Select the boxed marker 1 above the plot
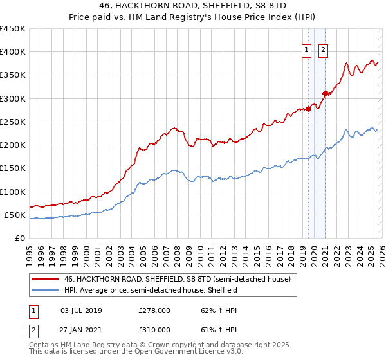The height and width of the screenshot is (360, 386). click(306, 51)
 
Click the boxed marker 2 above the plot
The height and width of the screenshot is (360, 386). click(323, 51)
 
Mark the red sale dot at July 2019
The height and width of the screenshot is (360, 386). click(309, 109)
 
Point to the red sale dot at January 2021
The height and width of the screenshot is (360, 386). click(325, 93)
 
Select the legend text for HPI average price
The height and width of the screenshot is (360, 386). click(151, 290)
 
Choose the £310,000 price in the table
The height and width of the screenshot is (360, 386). click(154, 330)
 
